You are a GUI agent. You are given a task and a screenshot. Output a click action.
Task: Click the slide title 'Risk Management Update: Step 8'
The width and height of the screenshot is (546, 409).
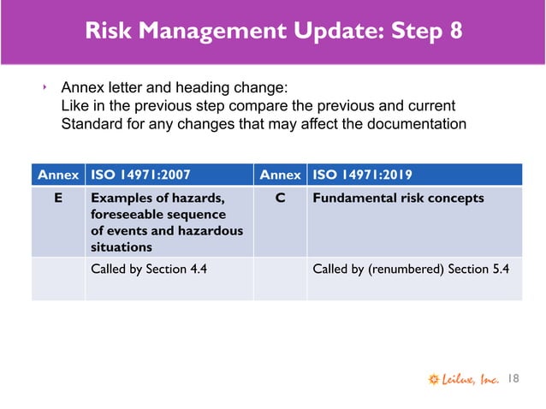(274, 31)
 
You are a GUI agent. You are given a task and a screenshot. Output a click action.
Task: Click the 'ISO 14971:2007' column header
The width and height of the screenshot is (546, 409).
(138, 175)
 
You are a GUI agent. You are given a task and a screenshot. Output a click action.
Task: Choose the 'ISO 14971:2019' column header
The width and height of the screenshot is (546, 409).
(362, 175)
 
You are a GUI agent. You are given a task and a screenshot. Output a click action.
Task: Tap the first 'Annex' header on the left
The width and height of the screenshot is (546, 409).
(58, 175)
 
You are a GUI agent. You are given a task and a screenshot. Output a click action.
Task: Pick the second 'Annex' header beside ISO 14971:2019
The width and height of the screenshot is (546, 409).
(281, 175)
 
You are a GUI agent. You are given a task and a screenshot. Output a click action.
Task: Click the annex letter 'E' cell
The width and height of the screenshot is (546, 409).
(58, 199)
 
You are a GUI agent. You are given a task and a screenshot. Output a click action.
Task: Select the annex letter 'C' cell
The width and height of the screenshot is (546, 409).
(281, 199)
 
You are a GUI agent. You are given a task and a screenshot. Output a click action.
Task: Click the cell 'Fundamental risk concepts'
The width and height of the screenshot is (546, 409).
(398, 199)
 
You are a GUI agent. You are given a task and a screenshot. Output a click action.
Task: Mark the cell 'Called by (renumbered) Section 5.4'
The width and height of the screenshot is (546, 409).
(411, 269)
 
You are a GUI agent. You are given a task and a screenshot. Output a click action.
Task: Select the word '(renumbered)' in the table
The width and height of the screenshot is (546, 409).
(402, 269)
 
